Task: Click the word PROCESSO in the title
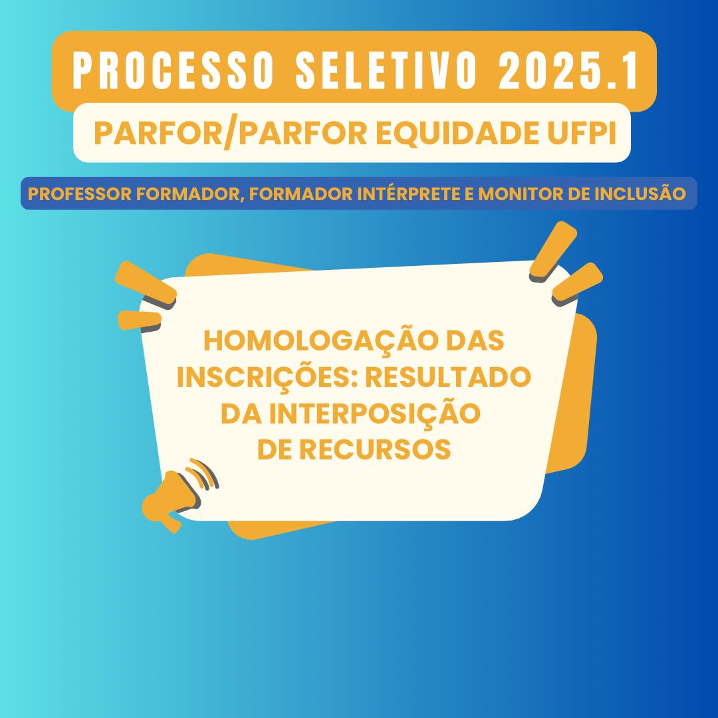pyautogui.click(x=174, y=70)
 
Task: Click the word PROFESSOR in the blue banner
pyautogui.click(x=80, y=193)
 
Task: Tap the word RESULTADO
pyautogui.click(x=448, y=377)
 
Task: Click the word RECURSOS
pyautogui.click(x=375, y=449)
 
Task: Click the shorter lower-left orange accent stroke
pyautogui.click(x=140, y=320)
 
